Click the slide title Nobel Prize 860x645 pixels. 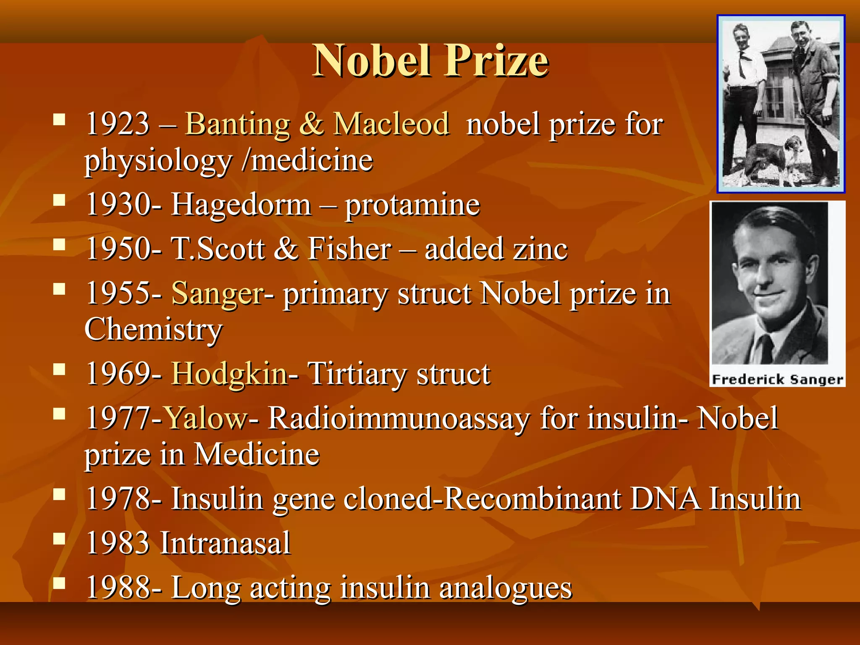pyautogui.click(x=430, y=61)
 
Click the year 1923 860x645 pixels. pyautogui.click(x=118, y=124)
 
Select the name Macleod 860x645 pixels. pyautogui.click(x=391, y=124)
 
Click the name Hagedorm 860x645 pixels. pyautogui.click(x=241, y=205)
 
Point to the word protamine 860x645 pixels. pyautogui.click(x=412, y=206)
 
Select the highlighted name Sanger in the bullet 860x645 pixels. pyautogui.click(x=218, y=294)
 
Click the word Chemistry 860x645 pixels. pyautogui.click(x=153, y=330)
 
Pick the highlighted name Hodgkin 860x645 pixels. pyautogui.click(x=229, y=374)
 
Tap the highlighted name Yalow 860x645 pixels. pyautogui.click(x=206, y=418)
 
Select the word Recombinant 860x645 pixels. pyautogui.click(x=532, y=499)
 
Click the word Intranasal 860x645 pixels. pyautogui.click(x=225, y=543)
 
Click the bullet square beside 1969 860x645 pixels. pyautogui.click(x=59, y=369)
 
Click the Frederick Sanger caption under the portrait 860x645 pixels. pyautogui.click(x=777, y=380)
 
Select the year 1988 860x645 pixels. pyautogui.click(x=118, y=588)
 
